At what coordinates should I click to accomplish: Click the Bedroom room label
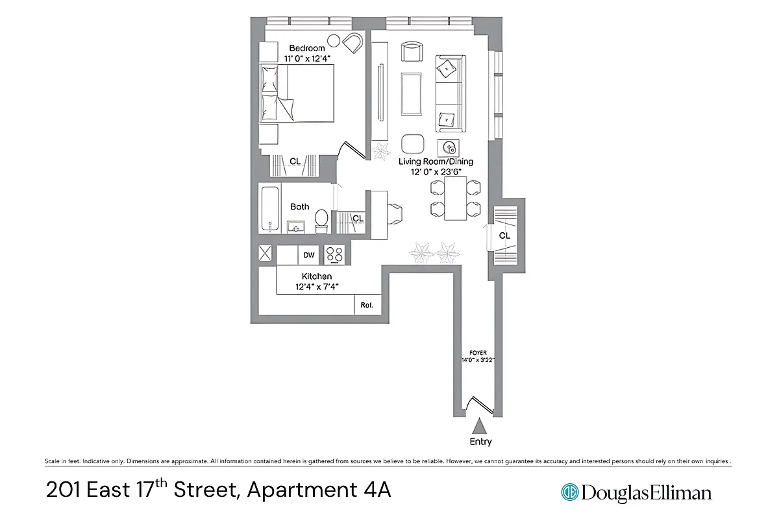tap(306, 48)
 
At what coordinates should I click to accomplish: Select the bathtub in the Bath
tap(270, 209)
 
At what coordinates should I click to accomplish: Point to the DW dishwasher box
tap(309, 255)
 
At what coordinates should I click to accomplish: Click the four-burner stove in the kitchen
tap(335, 255)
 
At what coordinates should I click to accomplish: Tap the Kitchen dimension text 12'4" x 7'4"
tap(317, 286)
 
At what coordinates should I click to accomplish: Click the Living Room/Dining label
tap(436, 162)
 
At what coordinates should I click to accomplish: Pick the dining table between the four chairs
tap(455, 198)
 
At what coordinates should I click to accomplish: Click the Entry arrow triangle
tap(480, 426)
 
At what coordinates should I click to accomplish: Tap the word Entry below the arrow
tap(480, 442)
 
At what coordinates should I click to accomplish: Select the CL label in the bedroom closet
tap(295, 161)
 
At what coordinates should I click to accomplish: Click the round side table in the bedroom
tap(334, 41)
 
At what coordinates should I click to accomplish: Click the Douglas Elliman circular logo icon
tap(570, 492)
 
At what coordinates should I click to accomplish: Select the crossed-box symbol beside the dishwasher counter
tap(266, 254)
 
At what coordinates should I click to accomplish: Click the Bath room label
tap(300, 206)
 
